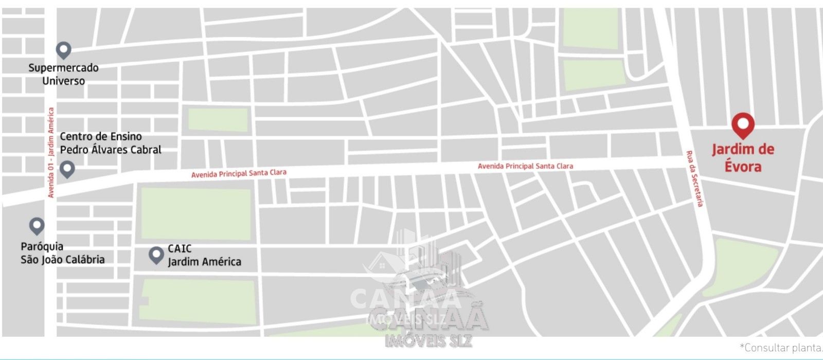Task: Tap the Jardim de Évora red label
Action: pos(743,157)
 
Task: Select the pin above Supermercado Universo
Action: pos(63,50)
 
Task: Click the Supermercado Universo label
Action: pos(63,74)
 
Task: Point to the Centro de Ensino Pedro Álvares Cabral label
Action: pos(111,143)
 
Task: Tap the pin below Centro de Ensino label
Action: pos(67,169)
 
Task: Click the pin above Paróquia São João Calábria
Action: pos(37,225)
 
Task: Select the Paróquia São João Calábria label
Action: pos(62,253)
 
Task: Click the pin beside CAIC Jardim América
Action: pos(156,255)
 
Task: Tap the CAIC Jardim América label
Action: pos(204,255)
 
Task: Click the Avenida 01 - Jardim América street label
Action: pos(51,152)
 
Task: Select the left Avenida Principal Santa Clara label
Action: pos(239,174)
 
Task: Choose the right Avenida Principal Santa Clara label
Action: pos(525,166)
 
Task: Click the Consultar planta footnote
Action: pos(781,348)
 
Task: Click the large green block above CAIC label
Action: pos(195,213)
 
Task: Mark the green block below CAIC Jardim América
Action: pos(198,301)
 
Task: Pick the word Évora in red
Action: pos(743,167)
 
